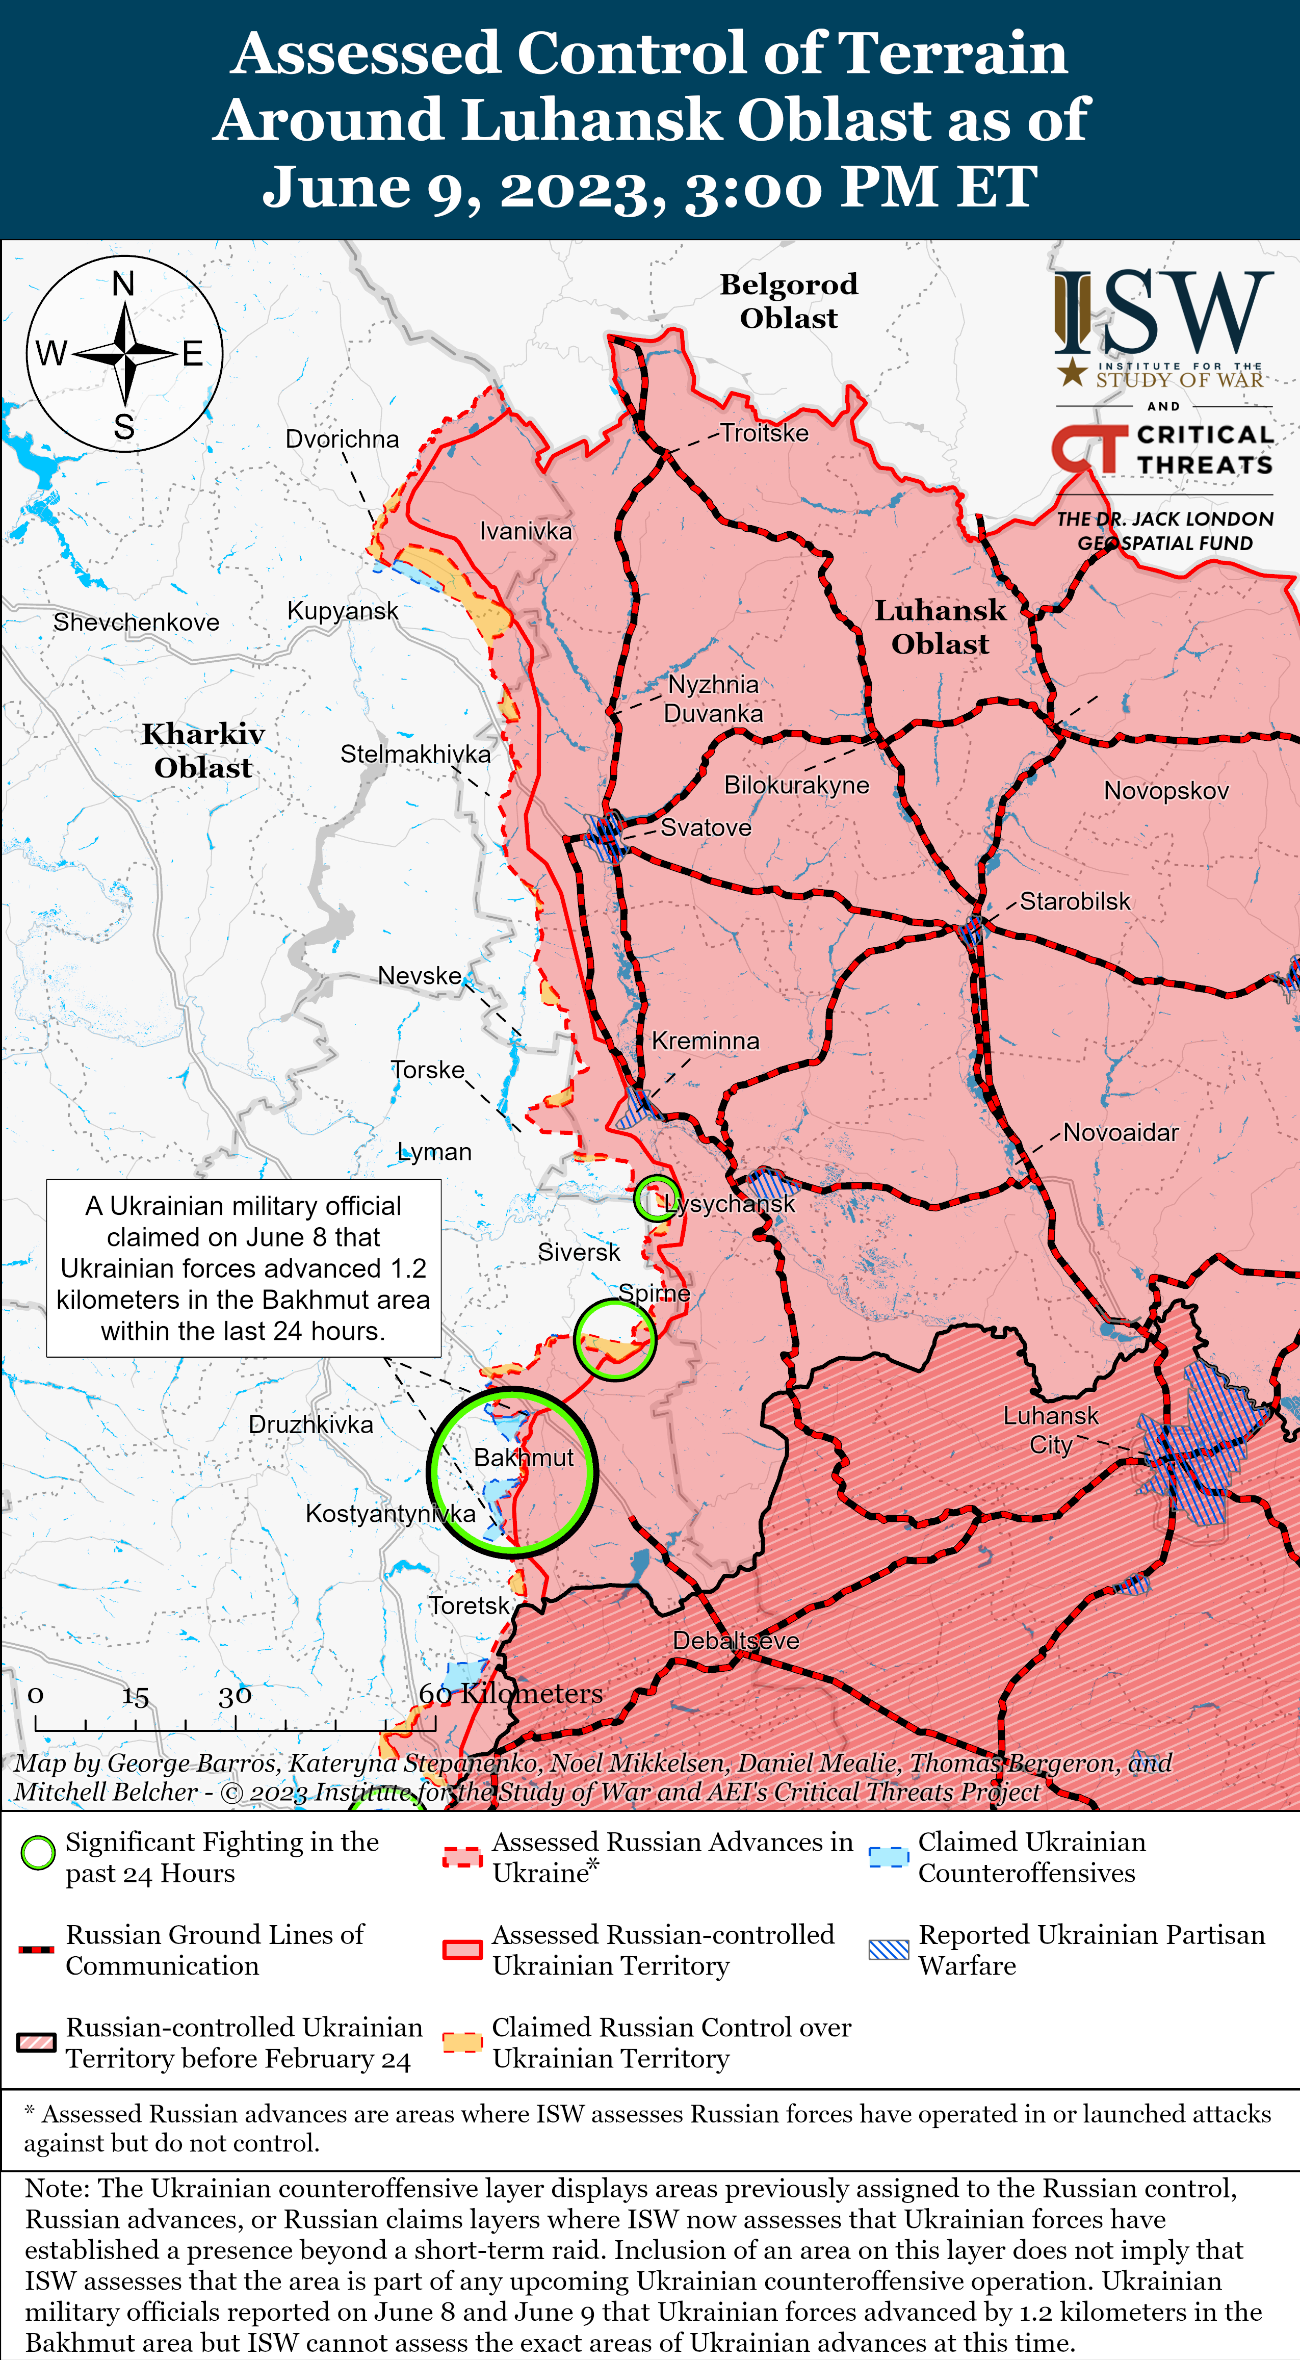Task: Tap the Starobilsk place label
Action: (x=1075, y=901)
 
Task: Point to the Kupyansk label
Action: (x=343, y=611)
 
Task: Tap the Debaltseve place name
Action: (x=736, y=1641)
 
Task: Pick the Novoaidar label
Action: (x=1121, y=1132)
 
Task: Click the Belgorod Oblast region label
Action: (x=789, y=300)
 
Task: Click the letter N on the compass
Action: (x=124, y=284)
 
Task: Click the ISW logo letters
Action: (x=1163, y=314)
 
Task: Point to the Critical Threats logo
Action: (x=1162, y=450)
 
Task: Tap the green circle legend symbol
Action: (x=38, y=1852)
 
